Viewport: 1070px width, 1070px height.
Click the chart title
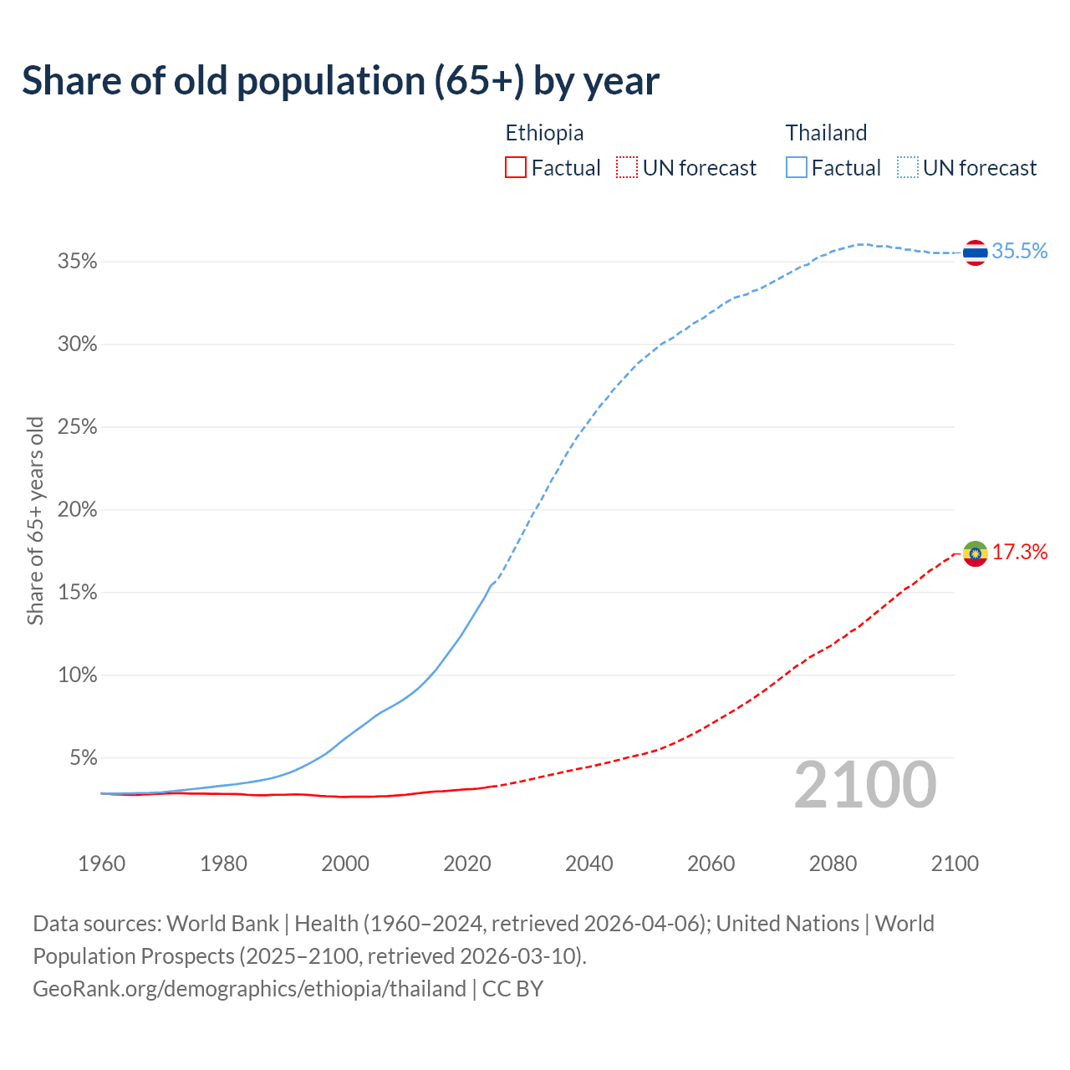pyautogui.click(x=340, y=81)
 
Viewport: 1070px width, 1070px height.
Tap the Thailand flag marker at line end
pyautogui.click(x=975, y=252)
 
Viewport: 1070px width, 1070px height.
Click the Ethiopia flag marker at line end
pyautogui.click(x=975, y=553)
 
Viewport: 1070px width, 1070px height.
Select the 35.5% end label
pyautogui.click(x=1020, y=252)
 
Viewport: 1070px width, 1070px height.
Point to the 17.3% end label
pyautogui.click(x=1020, y=553)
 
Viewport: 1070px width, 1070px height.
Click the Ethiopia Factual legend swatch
pyautogui.click(x=516, y=168)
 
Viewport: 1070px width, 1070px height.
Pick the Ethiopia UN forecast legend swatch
pyautogui.click(x=627, y=168)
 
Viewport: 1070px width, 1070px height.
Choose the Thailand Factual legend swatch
pyautogui.click(x=797, y=168)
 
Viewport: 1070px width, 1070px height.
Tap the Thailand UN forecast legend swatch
pyautogui.click(x=908, y=168)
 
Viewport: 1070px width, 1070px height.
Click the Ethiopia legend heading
pyautogui.click(x=544, y=133)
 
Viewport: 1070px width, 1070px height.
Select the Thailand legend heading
pyautogui.click(x=826, y=133)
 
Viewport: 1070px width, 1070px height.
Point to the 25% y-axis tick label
pyautogui.click(x=77, y=427)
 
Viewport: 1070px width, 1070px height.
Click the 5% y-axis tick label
pyautogui.click(x=83, y=758)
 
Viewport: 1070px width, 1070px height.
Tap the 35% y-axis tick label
pyautogui.click(x=77, y=262)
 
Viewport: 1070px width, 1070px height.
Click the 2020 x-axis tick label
pyautogui.click(x=467, y=864)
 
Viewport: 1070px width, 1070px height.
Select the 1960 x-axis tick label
pyautogui.click(x=102, y=864)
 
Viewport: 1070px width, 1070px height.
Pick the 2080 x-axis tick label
pyautogui.click(x=833, y=864)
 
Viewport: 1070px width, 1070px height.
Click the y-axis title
pyautogui.click(x=35, y=520)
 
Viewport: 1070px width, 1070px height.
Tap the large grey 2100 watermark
pyautogui.click(x=865, y=785)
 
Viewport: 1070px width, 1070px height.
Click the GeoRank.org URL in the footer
pyautogui.click(x=249, y=989)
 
